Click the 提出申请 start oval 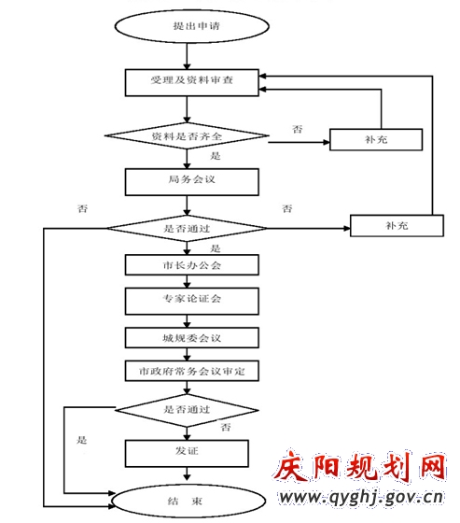point(191,26)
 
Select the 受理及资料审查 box point(191,83)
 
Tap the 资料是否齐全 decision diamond point(187,136)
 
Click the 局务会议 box point(191,182)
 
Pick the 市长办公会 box point(191,265)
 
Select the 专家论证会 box point(191,301)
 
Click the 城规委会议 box point(191,338)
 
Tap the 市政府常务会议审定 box point(191,371)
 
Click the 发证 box point(187,454)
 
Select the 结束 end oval point(188,501)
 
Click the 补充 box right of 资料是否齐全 point(376,139)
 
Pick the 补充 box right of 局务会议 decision point(397,226)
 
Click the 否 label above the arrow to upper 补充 point(298,129)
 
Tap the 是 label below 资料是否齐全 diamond point(216,156)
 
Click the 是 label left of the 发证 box point(82,440)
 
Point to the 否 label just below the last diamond point(226,427)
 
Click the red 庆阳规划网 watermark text point(360,466)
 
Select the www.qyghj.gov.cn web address point(361,498)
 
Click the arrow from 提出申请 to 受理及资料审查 point(187,56)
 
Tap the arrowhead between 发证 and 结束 point(187,476)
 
